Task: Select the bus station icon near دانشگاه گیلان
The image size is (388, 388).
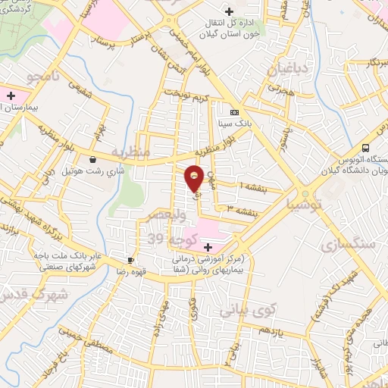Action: click(366, 148)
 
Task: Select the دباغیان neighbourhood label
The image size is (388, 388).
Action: click(285, 70)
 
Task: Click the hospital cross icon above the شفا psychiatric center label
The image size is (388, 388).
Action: click(208, 246)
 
